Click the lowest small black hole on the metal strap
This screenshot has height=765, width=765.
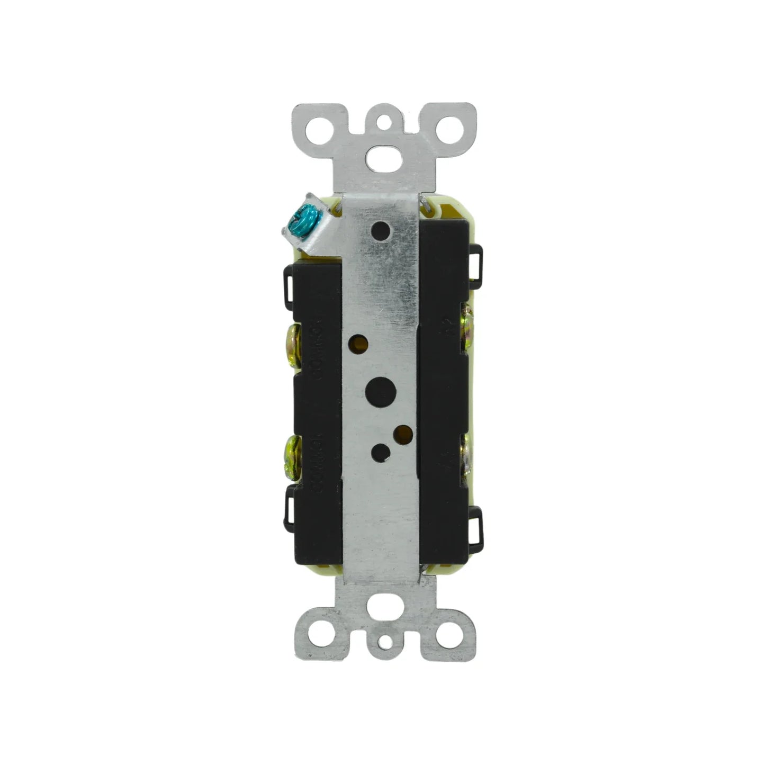(x=379, y=453)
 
